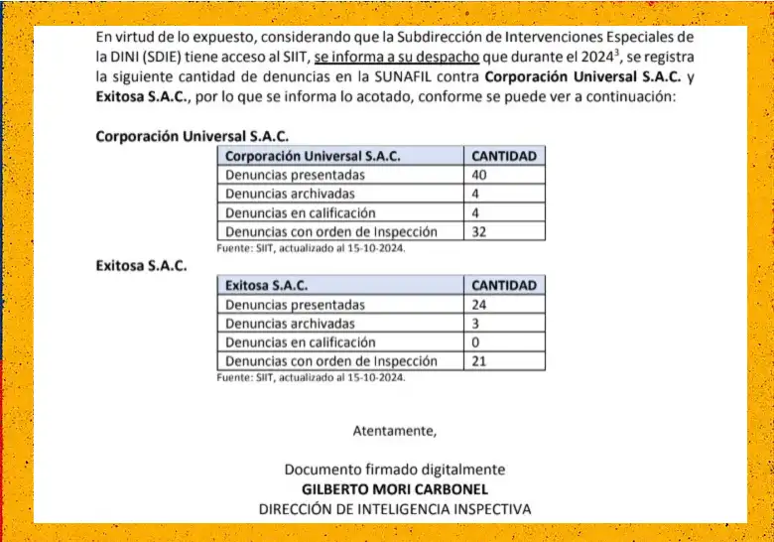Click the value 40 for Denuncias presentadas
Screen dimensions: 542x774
point(479,175)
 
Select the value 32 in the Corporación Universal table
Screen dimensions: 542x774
point(479,231)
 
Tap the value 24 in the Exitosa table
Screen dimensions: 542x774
point(479,305)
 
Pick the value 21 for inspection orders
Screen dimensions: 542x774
point(479,361)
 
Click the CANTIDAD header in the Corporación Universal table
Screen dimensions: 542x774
point(503,156)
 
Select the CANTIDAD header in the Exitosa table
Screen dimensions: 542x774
point(503,286)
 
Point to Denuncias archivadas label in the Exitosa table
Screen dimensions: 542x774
point(290,324)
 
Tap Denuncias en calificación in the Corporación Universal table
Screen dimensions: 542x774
point(301,212)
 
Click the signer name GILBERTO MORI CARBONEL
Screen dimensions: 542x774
point(394,489)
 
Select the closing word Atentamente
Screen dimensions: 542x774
point(394,431)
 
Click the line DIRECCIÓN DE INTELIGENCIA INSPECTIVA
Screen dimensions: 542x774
point(394,508)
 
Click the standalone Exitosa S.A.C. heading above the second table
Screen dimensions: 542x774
point(141,266)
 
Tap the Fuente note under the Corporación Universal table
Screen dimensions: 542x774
point(311,248)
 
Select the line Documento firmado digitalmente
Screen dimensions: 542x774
point(394,470)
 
